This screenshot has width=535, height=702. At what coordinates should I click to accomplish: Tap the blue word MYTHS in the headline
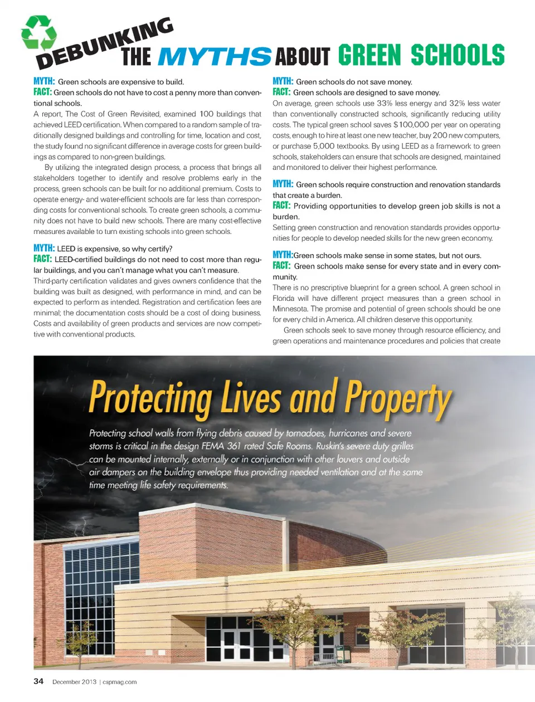coord(215,56)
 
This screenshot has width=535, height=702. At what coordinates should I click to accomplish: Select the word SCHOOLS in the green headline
coord(458,55)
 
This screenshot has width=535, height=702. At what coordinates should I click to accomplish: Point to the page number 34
coord(38,681)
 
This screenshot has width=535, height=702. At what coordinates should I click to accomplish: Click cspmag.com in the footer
coord(120,682)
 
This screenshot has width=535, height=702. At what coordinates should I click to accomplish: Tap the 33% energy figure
coord(385,104)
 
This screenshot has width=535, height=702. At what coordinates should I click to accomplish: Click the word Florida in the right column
coord(284,298)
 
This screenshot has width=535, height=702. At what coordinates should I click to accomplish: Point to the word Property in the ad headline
coord(397,398)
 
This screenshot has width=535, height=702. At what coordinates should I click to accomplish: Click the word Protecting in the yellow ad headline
coord(150,398)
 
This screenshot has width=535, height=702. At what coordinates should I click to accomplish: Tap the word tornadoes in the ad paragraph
coord(305,433)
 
